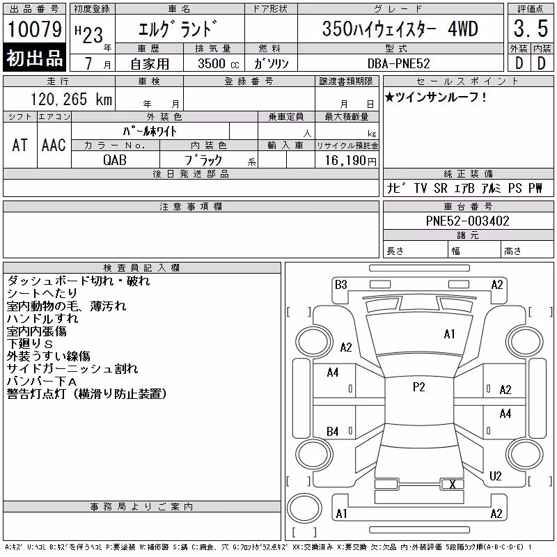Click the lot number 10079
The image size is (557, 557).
34,29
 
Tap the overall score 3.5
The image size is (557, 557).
531,29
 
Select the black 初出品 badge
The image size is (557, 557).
34,58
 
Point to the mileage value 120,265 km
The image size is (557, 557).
71,100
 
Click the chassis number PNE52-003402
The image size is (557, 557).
467,221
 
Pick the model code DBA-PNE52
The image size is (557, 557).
398,63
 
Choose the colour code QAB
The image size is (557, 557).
115,160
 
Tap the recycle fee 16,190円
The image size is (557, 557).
350,161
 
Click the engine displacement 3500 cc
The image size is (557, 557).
219,63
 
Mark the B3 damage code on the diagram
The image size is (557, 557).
340,285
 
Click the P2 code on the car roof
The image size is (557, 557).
419,386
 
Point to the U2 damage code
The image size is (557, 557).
495,476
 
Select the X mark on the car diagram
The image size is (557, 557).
452,484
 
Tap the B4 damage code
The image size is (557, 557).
333,432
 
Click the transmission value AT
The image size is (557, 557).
19,145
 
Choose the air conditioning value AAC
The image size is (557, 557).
54,145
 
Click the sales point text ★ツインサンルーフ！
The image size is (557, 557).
436,97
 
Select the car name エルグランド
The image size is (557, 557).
178,29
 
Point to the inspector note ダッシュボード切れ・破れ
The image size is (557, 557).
79,281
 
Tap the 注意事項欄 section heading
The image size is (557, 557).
191,206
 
